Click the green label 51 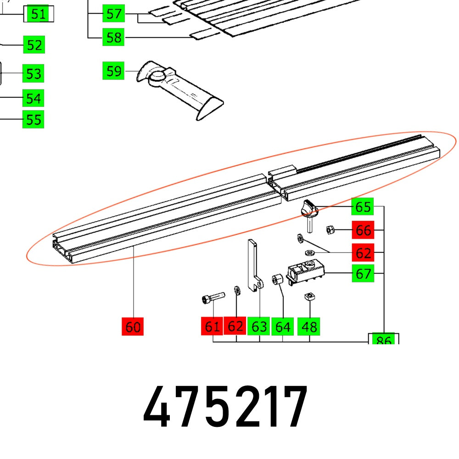(x=39, y=14)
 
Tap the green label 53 (x=34, y=73)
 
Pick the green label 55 (x=34, y=120)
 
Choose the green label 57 (x=113, y=14)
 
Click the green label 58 (x=113, y=37)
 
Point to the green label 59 (x=113, y=71)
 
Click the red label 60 (x=133, y=327)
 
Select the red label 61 (x=212, y=327)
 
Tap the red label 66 (x=363, y=230)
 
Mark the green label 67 (x=363, y=274)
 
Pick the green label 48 (x=310, y=327)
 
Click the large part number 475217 (x=225, y=408)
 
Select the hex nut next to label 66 (x=330, y=229)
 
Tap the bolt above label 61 (x=212, y=299)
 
